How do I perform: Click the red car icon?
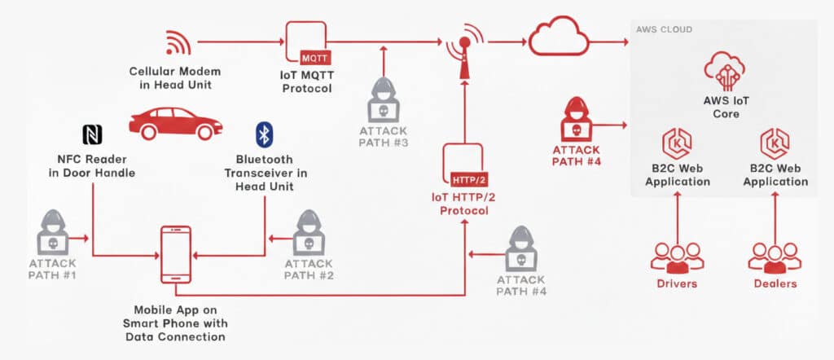[175, 123]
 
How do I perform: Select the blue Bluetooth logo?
[264, 134]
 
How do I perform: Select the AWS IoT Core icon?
[722, 71]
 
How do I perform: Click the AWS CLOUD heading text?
[664, 29]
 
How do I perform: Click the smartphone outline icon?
[176, 255]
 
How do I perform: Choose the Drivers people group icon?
[677, 256]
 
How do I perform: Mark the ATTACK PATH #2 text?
[309, 269]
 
